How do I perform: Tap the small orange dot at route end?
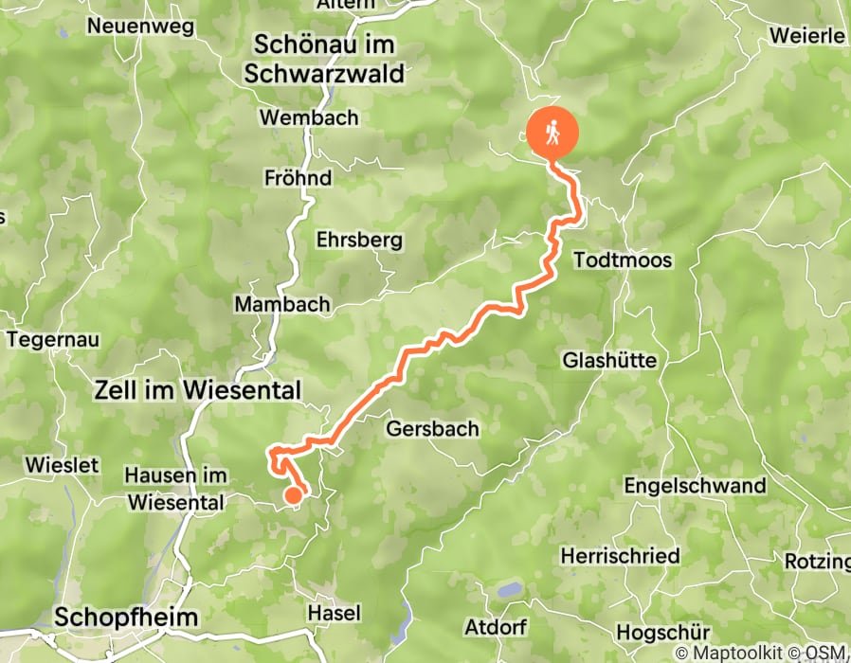click(294, 493)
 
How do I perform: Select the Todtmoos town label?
click(623, 260)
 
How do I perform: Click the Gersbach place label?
click(432, 429)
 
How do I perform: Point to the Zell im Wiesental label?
click(197, 388)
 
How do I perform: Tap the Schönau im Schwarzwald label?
click(323, 60)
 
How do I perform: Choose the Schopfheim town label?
click(126, 618)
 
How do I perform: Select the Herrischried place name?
click(620, 555)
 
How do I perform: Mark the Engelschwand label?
click(695, 486)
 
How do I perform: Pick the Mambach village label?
click(281, 304)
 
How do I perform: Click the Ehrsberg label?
click(359, 240)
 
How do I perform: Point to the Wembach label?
click(309, 118)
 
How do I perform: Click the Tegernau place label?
click(53, 339)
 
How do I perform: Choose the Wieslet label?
click(63, 465)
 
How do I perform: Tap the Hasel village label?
click(334, 613)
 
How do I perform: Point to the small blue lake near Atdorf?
click(510, 590)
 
